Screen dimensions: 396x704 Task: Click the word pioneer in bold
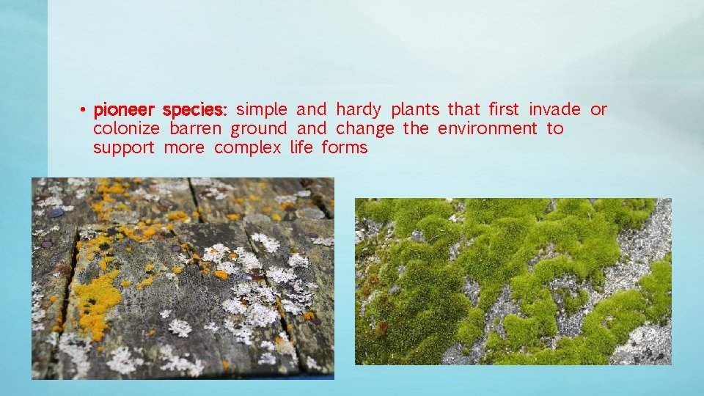pyautogui.click(x=123, y=111)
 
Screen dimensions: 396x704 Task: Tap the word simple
pyautogui.click(x=262, y=110)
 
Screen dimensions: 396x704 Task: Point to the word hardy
pyautogui.click(x=359, y=111)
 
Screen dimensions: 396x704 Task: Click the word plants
pyautogui.click(x=415, y=111)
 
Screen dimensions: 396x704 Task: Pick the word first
pyautogui.click(x=504, y=110)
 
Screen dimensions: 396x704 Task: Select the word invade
pyautogui.click(x=554, y=110)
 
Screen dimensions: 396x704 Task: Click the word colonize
pyautogui.click(x=126, y=129)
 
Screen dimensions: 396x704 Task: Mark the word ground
pyautogui.click(x=259, y=130)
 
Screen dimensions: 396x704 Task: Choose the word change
pyautogui.click(x=365, y=130)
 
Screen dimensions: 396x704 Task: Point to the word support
pyautogui.click(x=124, y=149)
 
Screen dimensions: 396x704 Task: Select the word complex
pyautogui.click(x=248, y=149)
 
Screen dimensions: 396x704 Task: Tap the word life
pyautogui.click(x=301, y=148)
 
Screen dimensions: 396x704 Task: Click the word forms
pyautogui.click(x=345, y=148)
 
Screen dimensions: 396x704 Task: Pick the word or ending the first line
pyautogui.click(x=599, y=111)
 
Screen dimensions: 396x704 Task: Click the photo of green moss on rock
pyautogui.click(x=513, y=281)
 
